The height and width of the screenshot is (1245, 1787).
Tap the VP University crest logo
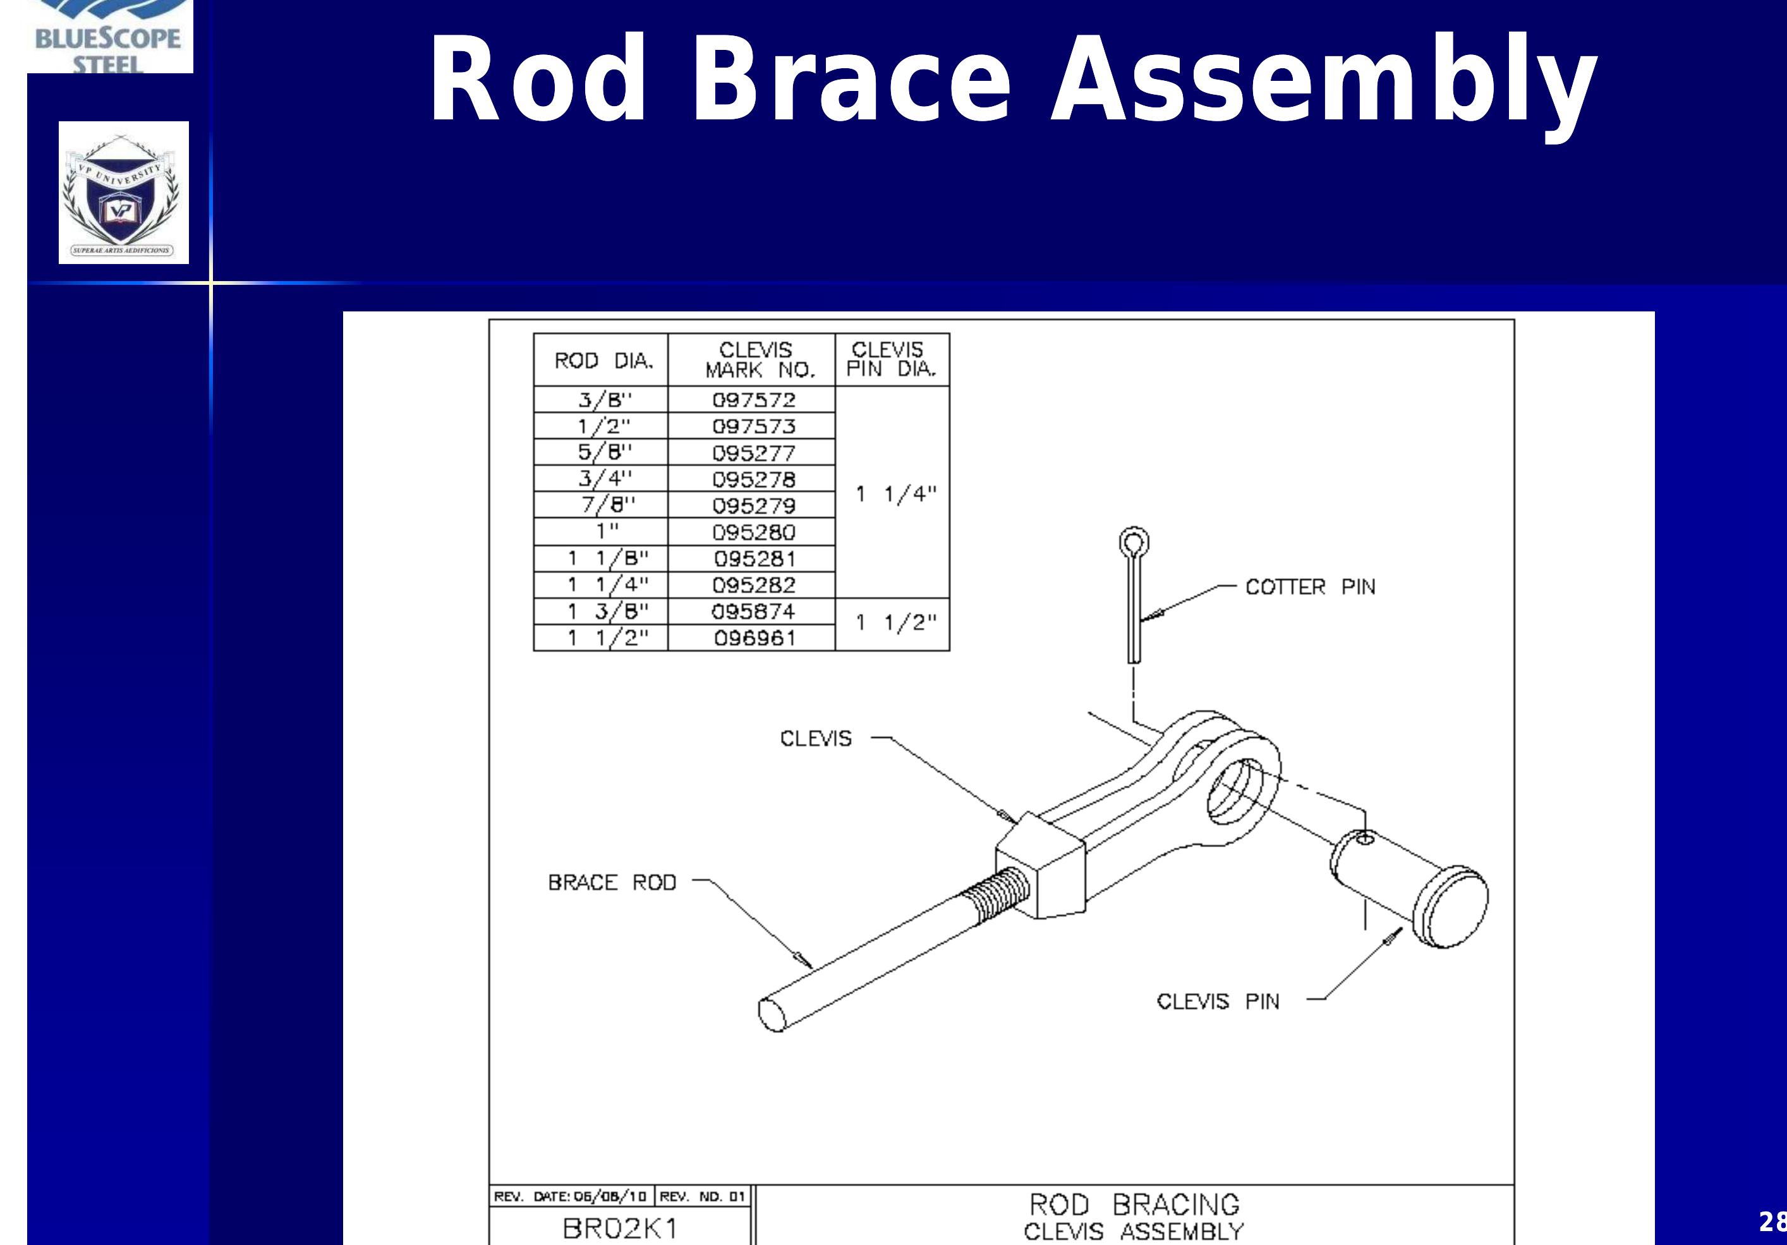(123, 193)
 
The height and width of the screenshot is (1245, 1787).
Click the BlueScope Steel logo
(109, 39)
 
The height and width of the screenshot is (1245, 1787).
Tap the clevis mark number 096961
(754, 639)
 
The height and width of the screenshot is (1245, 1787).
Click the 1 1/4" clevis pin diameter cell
(895, 493)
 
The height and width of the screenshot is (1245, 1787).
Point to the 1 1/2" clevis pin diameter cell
(895, 623)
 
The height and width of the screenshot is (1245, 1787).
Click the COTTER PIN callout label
(1310, 587)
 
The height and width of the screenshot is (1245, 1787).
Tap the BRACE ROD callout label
(612, 882)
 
